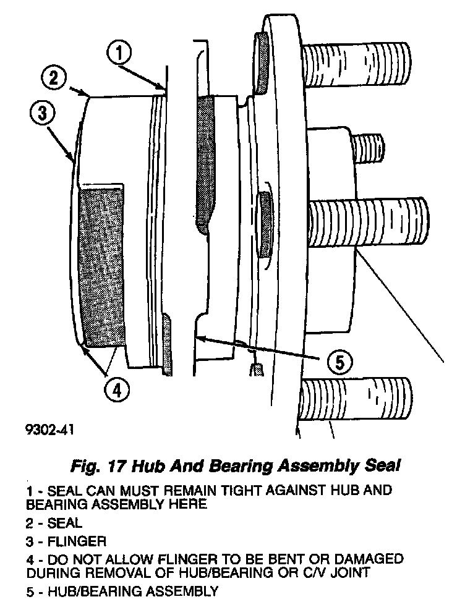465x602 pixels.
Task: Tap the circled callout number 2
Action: pos(54,78)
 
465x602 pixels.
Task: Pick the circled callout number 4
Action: pos(117,389)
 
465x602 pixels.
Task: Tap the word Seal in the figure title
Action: pos(382,465)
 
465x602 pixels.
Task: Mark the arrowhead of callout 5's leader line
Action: pos(194,337)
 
